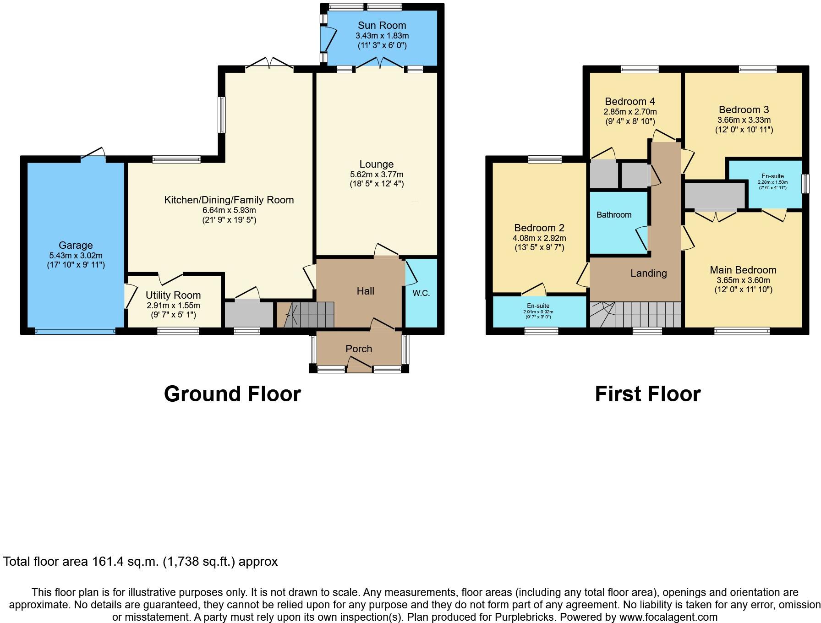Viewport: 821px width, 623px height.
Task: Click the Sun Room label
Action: coord(382,26)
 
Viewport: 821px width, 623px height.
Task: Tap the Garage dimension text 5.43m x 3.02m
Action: coord(76,256)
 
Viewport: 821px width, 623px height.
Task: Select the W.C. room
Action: coord(421,293)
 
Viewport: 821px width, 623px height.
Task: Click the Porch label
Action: coord(359,349)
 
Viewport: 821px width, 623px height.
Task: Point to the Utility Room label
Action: coord(173,295)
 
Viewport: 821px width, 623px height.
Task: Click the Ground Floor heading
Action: coord(232,394)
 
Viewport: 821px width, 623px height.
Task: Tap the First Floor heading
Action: coord(647,394)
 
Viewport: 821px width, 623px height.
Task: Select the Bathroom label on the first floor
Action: coord(613,215)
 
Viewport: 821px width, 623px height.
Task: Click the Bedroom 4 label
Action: coord(630,102)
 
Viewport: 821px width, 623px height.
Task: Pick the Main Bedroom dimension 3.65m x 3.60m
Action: coord(743,280)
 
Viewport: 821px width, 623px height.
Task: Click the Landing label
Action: coord(648,273)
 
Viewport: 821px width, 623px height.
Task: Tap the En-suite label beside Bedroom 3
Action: coord(772,176)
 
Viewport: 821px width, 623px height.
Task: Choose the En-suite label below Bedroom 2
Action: coord(538,306)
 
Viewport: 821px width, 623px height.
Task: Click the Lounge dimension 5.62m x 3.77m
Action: coord(377,175)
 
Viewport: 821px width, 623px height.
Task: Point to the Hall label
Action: coord(365,291)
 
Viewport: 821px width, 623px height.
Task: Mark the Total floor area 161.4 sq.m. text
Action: coord(140,562)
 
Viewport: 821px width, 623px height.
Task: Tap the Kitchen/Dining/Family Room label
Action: coord(229,200)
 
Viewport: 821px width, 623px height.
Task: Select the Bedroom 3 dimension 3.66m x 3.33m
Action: coord(744,120)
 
